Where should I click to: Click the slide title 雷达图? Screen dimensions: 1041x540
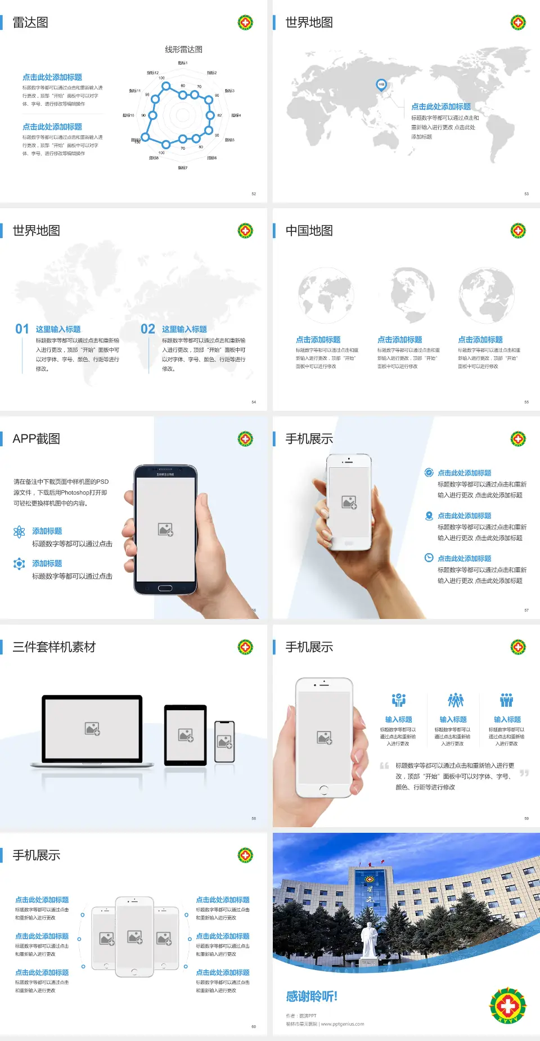[x=30, y=23]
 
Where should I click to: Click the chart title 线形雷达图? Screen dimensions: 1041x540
[x=183, y=50]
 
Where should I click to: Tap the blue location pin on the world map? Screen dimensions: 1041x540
[x=381, y=84]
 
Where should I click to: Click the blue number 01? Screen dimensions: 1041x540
[x=22, y=329]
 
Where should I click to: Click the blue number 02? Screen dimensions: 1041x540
[x=148, y=329]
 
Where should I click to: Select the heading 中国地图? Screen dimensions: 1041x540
[x=309, y=231]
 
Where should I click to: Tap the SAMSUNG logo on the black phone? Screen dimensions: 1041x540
[x=165, y=474]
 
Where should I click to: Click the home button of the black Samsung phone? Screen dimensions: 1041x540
[x=165, y=588]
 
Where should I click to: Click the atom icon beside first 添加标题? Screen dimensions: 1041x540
[x=19, y=532]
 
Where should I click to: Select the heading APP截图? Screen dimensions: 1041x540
[x=36, y=439]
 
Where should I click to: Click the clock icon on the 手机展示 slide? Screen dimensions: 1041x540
[x=429, y=558]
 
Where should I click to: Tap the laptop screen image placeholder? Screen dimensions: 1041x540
[x=92, y=729]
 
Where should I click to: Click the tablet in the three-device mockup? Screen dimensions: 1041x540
[x=186, y=734]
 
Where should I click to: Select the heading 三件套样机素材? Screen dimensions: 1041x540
[x=54, y=647]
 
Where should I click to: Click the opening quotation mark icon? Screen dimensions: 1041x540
[x=384, y=766]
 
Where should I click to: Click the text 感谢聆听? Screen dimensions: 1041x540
[x=312, y=997]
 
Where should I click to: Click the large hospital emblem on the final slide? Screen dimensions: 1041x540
[x=507, y=1006]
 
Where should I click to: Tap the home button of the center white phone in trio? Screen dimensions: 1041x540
[x=134, y=972]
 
